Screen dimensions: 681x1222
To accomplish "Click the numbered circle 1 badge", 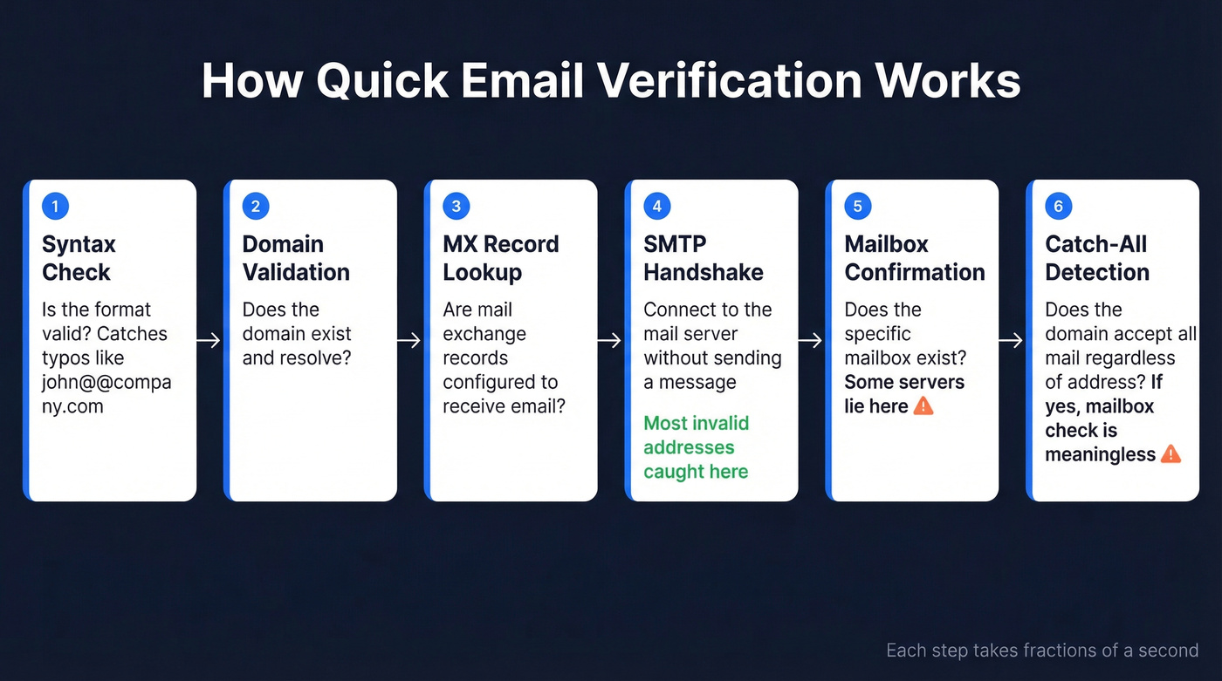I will [55, 207].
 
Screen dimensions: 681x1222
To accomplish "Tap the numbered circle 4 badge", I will [657, 207].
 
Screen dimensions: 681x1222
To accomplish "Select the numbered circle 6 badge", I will [1059, 207].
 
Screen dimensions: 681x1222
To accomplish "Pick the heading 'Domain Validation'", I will [296, 258].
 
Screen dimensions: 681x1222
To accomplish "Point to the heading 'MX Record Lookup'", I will [500, 258].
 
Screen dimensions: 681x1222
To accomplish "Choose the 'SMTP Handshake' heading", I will [703, 258].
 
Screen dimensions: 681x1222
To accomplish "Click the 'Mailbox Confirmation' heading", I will [914, 258].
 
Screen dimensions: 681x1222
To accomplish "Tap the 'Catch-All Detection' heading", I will [1097, 258].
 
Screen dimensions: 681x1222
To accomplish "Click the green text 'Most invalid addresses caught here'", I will [697, 447].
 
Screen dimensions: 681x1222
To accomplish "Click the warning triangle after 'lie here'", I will [923, 406].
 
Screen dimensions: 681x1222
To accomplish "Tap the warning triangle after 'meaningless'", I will [1171, 454].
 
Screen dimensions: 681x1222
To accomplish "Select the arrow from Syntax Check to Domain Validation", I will [209, 341].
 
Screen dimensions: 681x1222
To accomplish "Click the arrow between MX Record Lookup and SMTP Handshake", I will [611, 341].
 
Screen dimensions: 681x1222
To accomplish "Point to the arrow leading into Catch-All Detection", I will [1012, 341].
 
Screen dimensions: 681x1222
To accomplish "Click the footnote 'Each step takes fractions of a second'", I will [1041, 650].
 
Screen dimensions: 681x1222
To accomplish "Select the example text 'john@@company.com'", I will [106, 394].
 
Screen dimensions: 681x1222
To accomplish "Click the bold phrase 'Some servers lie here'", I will [903, 394].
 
